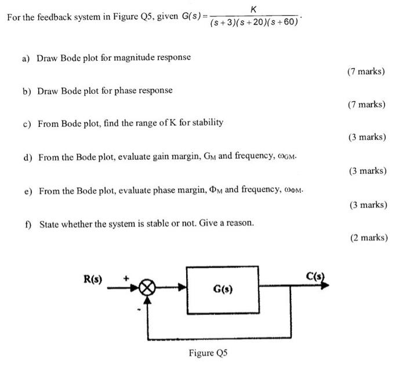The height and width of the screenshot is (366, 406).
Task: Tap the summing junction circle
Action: coord(149,287)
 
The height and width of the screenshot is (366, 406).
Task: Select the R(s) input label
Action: coord(93,279)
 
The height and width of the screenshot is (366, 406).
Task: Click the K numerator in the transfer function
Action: coord(252,8)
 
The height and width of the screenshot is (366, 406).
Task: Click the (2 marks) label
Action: coord(369,237)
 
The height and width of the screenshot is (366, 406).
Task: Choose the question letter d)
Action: coord(27,157)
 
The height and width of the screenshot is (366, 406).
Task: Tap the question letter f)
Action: coord(27,223)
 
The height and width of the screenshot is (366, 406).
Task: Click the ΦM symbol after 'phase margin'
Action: coord(214,190)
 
